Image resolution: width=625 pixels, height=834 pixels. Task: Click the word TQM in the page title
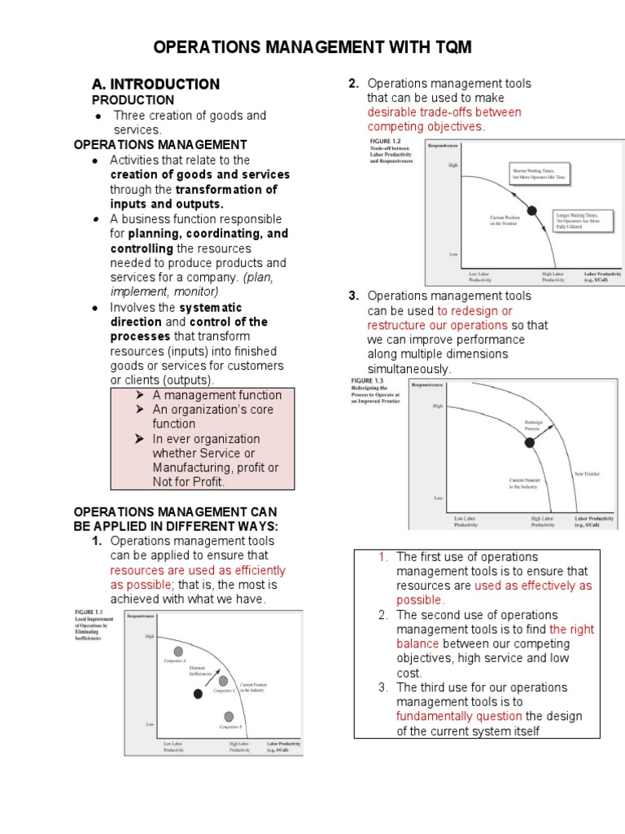point(447,48)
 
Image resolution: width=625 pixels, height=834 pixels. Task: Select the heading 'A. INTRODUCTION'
point(155,84)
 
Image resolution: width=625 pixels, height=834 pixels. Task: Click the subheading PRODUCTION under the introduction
point(133,99)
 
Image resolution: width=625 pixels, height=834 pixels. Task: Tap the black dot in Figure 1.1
point(198,693)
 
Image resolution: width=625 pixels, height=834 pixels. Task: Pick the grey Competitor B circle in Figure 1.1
point(229,716)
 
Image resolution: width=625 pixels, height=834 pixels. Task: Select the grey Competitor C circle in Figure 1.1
point(223,681)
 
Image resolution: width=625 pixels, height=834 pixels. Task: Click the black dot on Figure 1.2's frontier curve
point(533,211)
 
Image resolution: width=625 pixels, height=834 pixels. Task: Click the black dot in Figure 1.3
point(530,442)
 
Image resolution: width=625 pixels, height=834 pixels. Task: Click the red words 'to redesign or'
point(474,310)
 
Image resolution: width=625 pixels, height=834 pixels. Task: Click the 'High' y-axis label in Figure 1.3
point(439,405)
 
